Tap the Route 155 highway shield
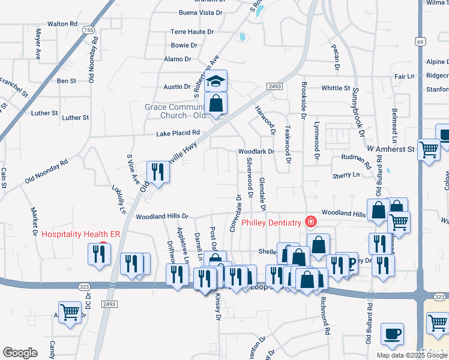click(x=89, y=30)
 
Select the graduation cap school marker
click(x=215, y=81)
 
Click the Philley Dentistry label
click(x=271, y=223)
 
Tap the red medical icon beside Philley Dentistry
click(x=310, y=222)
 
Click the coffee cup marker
click(x=392, y=334)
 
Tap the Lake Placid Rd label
click(x=177, y=133)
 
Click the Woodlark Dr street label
click(x=256, y=152)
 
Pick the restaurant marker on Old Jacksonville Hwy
click(x=158, y=172)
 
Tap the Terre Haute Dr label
click(x=192, y=32)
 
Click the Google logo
click(x=20, y=352)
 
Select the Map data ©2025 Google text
click(x=412, y=355)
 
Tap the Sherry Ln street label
click(x=346, y=175)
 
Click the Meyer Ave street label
click(x=39, y=43)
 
